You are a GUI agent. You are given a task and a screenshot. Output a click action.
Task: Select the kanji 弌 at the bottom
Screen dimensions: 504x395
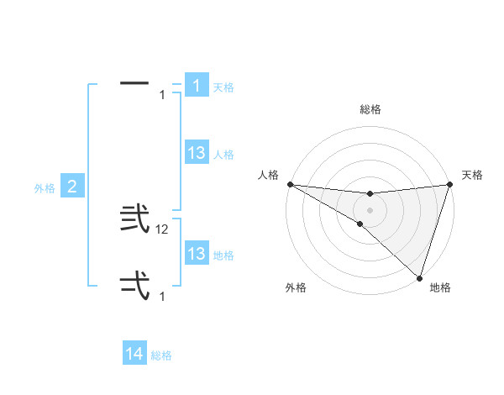(x=135, y=286)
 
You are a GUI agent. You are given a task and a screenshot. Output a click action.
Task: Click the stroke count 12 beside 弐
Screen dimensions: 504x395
(x=164, y=229)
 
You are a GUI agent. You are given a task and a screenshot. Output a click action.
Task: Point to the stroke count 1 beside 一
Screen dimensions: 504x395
(x=162, y=95)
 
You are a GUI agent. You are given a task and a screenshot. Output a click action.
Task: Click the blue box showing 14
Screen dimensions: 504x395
(x=134, y=354)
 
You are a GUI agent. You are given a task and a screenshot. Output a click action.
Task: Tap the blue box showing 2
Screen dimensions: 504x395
(x=72, y=187)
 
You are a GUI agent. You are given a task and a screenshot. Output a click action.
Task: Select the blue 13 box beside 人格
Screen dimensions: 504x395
(x=197, y=153)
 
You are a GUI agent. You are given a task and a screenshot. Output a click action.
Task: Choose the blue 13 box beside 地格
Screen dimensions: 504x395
(x=197, y=254)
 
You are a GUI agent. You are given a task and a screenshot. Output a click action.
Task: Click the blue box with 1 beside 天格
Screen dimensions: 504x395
(x=197, y=86)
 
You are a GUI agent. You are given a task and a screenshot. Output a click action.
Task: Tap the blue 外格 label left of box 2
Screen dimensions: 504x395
(x=45, y=188)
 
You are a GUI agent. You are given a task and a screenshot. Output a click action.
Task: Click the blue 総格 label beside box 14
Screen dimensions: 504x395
(x=161, y=355)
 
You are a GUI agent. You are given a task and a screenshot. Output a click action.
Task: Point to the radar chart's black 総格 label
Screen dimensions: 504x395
(x=370, y=109)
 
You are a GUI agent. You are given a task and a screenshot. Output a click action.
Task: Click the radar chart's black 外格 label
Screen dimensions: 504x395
(x=296, y=287)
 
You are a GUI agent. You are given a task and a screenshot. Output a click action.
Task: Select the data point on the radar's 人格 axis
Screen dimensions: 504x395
(x=290, y=184)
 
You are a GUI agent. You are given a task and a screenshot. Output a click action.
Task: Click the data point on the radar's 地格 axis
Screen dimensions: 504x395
(x=419, y=277)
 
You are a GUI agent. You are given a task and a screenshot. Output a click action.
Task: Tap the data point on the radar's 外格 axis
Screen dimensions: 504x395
(x=360, y=224)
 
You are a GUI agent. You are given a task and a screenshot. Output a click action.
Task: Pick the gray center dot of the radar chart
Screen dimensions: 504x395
(x=370, y=210)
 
